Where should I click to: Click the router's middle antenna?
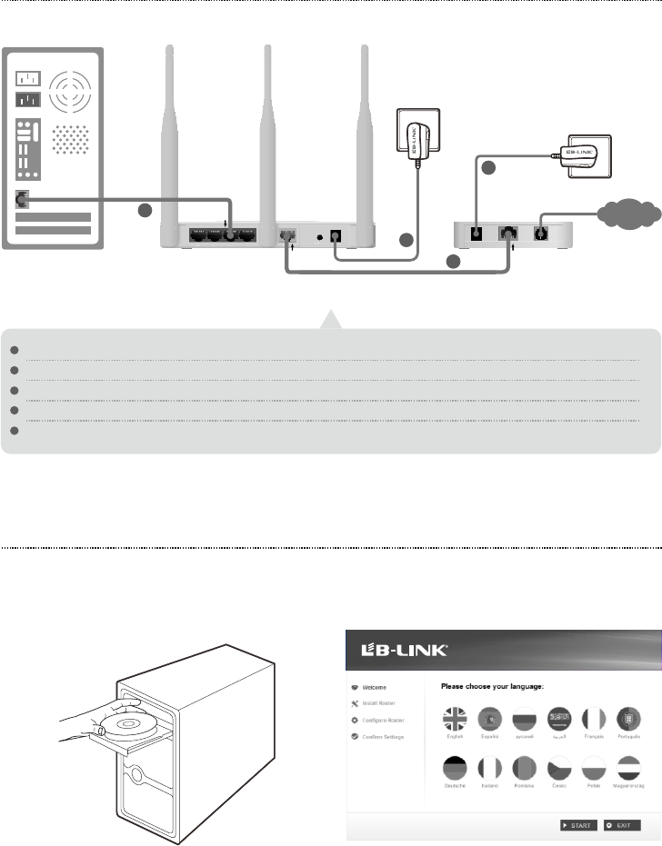tap(267, 136)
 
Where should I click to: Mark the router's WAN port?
tap(289, 234)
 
